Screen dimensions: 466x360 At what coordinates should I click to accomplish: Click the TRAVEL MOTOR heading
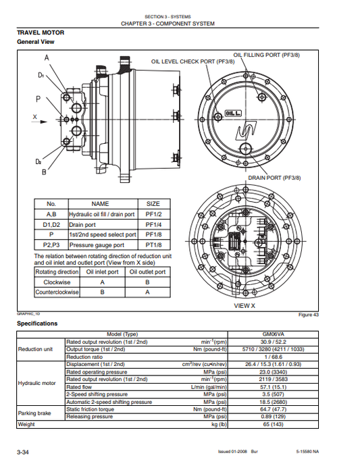click(x=41, y=32)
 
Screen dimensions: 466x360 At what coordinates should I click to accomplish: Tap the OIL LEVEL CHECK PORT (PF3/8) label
click(x=192, y=61)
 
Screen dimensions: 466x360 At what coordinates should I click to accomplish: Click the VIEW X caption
click(x=244, y=306)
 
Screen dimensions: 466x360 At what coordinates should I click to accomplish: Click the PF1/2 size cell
click(x=153, y=214)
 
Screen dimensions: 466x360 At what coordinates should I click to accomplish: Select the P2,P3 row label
click(x=51, y=245)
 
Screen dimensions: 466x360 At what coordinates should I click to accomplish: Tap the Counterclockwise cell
click(x=57, y=292)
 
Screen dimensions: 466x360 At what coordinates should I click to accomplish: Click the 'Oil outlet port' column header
click(x=147, y=271)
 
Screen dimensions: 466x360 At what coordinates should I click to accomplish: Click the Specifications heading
click(x=37, y=323)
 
